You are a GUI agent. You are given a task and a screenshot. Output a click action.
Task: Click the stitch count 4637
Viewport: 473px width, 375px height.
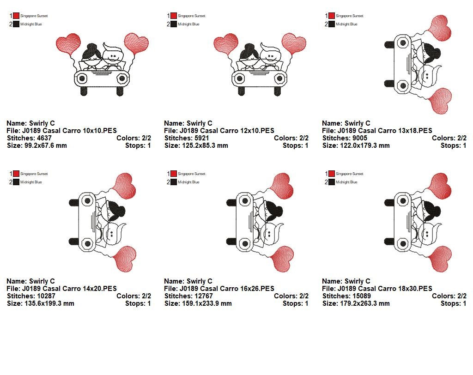40,138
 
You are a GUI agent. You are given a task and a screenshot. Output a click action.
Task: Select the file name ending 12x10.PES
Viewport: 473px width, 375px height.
227,131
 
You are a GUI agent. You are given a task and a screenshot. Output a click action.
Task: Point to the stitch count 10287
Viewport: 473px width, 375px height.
42,296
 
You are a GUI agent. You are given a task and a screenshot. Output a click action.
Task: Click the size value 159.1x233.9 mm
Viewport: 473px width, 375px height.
207,303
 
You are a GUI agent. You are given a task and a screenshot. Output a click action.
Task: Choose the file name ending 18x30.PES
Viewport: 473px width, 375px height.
385,289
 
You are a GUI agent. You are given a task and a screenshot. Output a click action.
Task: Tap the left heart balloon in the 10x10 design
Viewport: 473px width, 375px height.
68,44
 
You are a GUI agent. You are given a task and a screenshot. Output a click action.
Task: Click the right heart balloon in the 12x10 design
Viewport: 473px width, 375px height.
294,43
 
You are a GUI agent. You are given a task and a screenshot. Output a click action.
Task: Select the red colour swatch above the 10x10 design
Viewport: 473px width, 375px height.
16,16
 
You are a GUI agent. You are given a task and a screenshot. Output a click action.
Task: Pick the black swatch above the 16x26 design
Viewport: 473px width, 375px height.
174,182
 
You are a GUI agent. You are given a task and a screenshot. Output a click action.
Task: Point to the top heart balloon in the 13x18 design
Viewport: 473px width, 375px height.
440,28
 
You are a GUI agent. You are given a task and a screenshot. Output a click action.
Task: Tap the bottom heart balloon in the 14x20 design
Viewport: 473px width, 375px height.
125,259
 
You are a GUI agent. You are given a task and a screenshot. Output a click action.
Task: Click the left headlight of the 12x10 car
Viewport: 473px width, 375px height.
240,79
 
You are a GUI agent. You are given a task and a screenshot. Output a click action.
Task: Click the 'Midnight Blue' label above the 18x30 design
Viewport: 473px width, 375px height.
346,182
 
